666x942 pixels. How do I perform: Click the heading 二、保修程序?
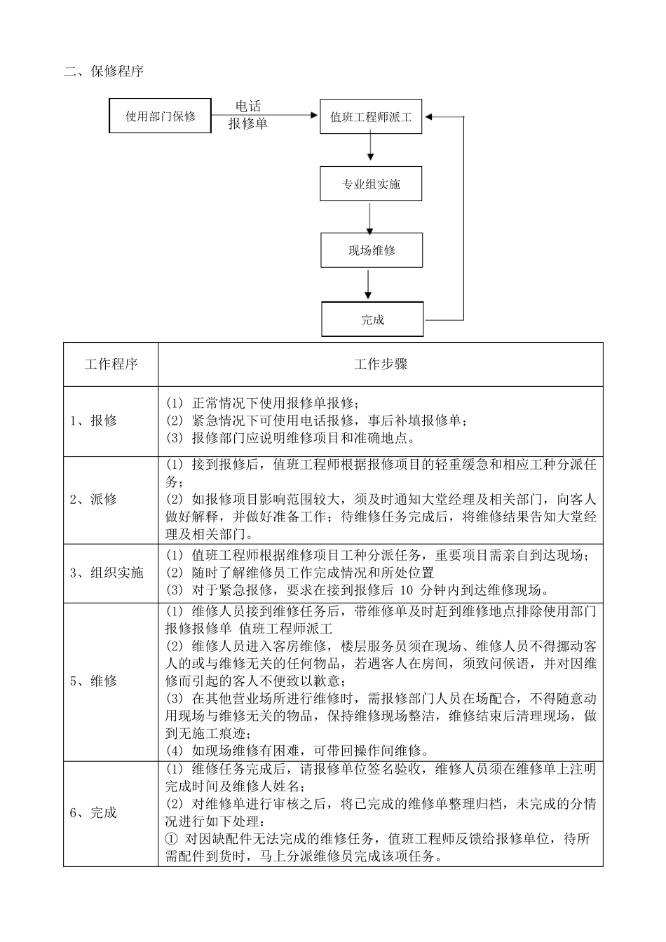[104, 71]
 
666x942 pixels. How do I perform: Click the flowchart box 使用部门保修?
[161, 116]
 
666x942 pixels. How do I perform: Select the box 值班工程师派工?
[371, 117]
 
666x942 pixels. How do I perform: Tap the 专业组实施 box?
[371, 184]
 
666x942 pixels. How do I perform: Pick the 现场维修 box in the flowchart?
[372, 250]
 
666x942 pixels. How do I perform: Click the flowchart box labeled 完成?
[372, 320]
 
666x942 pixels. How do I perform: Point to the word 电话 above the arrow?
[247, 107]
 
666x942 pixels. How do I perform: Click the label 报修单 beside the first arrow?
[247, 124]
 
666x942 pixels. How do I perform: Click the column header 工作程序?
[111, 364]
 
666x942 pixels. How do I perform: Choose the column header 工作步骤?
[381, 364]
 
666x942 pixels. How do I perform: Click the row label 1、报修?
[93, 421]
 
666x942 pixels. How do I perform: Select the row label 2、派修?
[93, 500]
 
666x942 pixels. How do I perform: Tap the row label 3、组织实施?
[107, 573]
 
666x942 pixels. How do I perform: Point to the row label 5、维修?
[93, 681]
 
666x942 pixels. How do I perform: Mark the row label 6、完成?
[93, 813]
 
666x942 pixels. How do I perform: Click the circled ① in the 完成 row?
[172, 839]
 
